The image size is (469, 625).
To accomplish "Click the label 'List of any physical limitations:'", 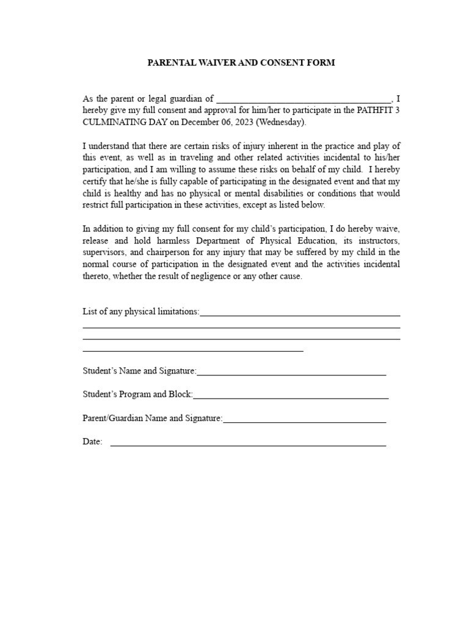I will tap(141, 312).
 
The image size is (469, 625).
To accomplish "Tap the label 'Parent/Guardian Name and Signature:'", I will tap(153, 419).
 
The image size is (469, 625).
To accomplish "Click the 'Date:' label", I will tap(93, 442).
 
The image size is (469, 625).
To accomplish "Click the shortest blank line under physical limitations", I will tap(193, 351).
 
